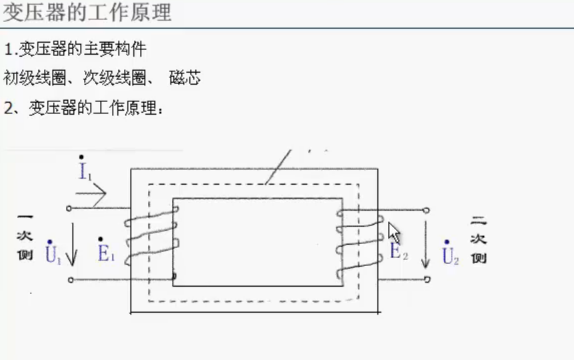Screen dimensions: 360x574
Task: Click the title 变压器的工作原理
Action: [x=87, y=13]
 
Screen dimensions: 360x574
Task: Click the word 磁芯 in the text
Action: [x=185, y=78]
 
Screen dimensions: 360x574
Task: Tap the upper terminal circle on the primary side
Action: [x=69, y=208]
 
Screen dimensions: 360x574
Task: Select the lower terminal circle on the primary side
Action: [x=69, y=280]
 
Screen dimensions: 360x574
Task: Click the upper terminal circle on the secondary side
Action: [x=427, y=210]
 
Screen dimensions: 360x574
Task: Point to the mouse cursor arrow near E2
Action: [x=394, y=233]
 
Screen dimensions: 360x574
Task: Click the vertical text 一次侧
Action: [x=25, y=237]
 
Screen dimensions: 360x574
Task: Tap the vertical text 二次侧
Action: [x=478, y=239]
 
